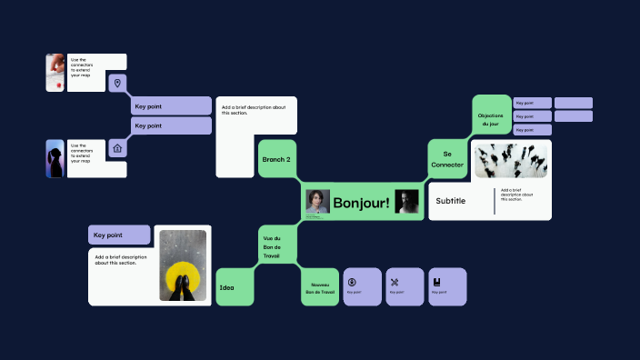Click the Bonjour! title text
point(361,202)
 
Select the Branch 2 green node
point(276,159)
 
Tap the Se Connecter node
point(447,159)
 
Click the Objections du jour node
point(491,119)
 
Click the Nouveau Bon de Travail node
point(320,287)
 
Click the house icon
point(116,148)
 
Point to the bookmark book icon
point(436,281)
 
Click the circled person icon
point(352,281)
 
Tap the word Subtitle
point(451,201)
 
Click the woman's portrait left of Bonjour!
point(316,202)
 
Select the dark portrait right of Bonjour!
point(406,202)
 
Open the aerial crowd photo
point(511,161)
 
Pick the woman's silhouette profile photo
point(55,158)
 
